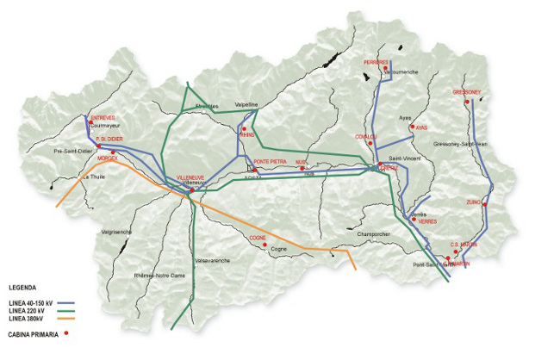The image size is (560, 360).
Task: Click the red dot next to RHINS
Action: (x=244, y=128)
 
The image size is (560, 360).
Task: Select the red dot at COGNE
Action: (x=265, y=244)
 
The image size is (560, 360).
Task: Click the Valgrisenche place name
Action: (x=115, y=232)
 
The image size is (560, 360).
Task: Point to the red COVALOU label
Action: (x=366, y=136)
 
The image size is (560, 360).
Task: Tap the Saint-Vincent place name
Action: (x=405, y=158)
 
